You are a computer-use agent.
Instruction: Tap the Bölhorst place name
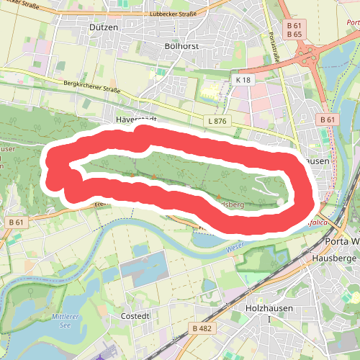tap(181, 45)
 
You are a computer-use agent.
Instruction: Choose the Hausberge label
tap(334, 257)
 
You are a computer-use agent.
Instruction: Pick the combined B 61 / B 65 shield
tap(294, 30)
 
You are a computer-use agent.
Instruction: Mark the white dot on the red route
tap(280, 203)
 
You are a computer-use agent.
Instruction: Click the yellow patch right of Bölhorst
tap(208, 91)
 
